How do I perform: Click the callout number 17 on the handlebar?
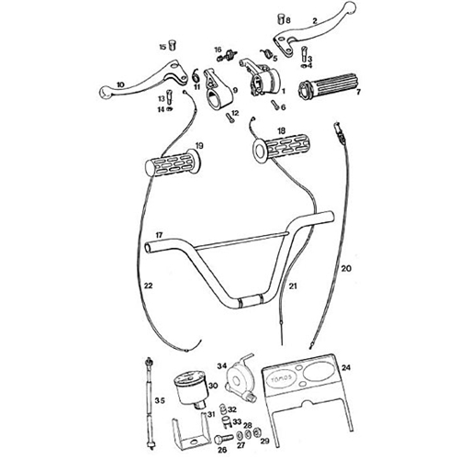tap(159, 235)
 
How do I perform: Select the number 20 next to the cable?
tap(345, 269)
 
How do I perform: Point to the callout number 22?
tap(148, 286)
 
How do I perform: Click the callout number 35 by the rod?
tap(159, 400)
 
